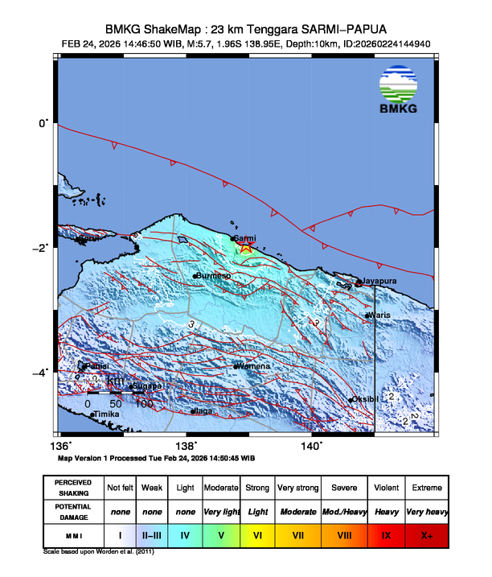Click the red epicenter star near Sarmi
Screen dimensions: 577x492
[x=246, y=247]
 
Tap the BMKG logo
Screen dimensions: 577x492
[x=399, y=90]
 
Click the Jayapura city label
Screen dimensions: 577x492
[x=381, y=281]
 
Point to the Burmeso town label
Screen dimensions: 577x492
[x=215, y=276]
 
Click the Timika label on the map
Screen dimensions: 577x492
[x=108, y=414]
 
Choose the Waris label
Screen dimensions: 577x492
[x=379, y=315]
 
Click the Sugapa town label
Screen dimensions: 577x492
[x=148, y=386]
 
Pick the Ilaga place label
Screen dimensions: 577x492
[x=203, y=411]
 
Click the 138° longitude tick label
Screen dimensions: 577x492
[x=187, y=445]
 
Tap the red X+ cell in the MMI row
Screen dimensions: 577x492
[x=425, y=534]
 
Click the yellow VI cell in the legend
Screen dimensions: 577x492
[x=258, y=534]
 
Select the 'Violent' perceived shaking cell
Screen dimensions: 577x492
[x=385, y=488]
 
